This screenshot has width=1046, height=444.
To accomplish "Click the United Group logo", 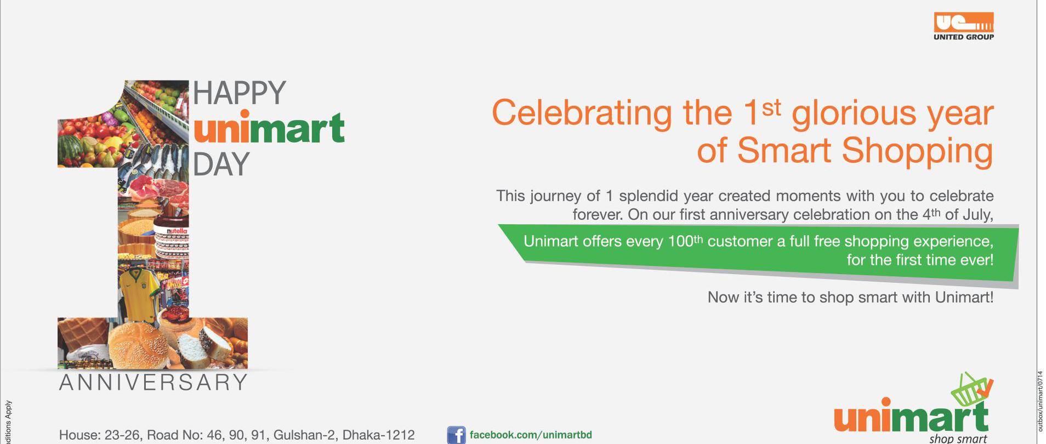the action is coord(964,26).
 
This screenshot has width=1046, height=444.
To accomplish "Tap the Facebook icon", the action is coord(456,435).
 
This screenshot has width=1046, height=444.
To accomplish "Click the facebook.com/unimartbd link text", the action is coord(531,435).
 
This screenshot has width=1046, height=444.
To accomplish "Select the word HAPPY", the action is coord(240,93).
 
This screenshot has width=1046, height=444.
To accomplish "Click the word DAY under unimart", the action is coord(221,164).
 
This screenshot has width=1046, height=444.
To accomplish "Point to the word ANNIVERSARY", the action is coord(154,382).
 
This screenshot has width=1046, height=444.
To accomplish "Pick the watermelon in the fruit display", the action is coord(71,148).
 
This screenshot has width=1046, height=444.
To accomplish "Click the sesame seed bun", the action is coord(137,345).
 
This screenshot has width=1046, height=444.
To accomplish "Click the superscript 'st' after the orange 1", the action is coord(771,108).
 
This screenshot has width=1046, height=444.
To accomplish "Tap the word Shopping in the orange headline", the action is coord(917,150).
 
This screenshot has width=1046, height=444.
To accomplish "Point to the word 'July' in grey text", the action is coord(978,214).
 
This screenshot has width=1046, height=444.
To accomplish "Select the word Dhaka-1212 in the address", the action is coord(378,435).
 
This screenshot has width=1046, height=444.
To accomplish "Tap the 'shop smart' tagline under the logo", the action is coord(958,438).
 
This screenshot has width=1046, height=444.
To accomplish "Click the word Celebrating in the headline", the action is coord(582,113).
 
